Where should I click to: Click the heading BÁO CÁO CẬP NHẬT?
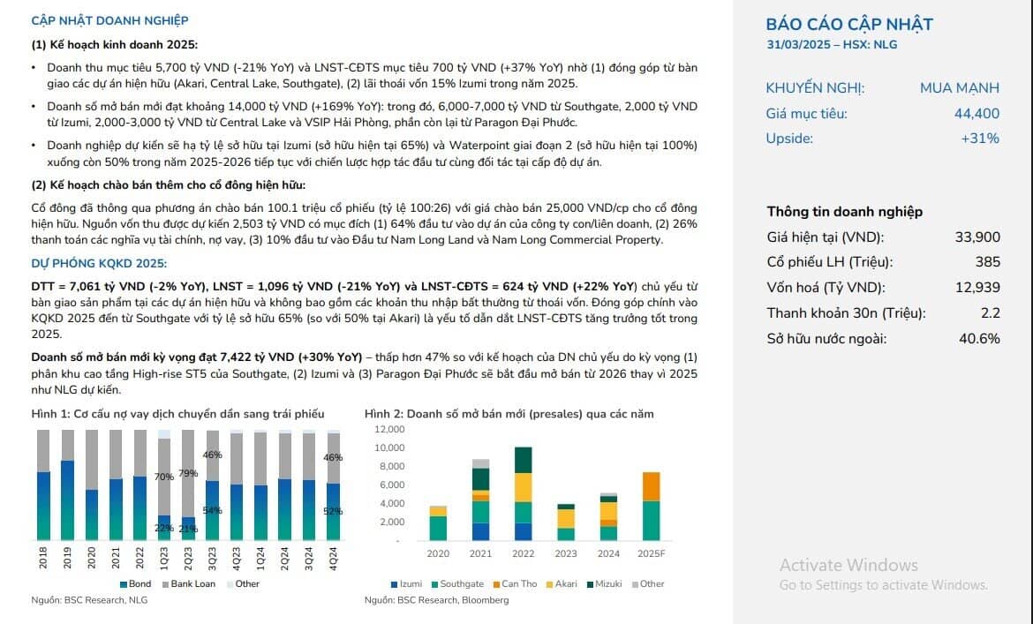point(849,25)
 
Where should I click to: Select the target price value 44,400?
point(976,113)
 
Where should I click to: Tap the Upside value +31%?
point(980,139)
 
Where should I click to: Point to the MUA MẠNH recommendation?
point(959,87)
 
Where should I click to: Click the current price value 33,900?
point(977,237)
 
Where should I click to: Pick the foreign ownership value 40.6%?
point(979,338)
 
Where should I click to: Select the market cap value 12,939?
point(977,287)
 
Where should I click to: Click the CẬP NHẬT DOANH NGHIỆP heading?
point(109,21)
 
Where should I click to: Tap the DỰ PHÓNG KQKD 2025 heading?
point(99,263)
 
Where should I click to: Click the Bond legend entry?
point(135,584)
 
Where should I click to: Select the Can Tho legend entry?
point(516,584)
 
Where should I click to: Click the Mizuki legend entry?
point(604,584)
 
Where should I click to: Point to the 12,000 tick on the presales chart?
point(389,429)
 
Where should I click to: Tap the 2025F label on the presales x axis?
point(651,553)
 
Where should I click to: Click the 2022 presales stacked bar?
point(523,493)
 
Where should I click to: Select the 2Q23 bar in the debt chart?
point(188,485)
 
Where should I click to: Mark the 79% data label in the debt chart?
point(188,473)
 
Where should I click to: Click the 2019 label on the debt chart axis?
point(67,558)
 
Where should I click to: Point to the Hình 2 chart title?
point(509,414)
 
